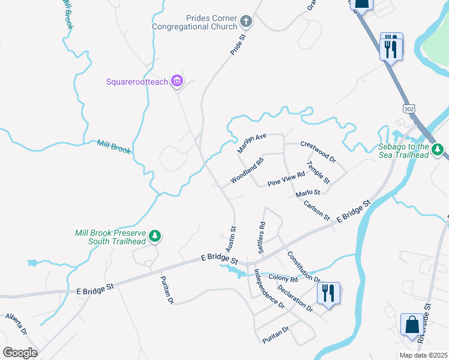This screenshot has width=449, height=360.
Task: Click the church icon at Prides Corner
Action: click(x=246, y=22)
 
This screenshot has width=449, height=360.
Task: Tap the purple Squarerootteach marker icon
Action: click(x=176, y=81)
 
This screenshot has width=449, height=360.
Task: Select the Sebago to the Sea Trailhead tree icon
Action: click(x=438, y=149)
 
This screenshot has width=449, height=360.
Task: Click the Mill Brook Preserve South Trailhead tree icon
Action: click(x=155, y=236)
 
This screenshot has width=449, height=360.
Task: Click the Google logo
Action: click(x=20, y=353)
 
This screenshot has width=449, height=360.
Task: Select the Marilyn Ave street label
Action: click(x=252, y=143)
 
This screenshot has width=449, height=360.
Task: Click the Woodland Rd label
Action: click(x=247, y=171)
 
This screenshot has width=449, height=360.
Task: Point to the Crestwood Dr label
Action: click(x=318, y=149)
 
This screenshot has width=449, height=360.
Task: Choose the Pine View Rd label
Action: click(x=286, y=178)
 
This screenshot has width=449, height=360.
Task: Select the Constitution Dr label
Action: click(x=303, y=266)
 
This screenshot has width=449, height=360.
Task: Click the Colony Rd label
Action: click(x=283, y=278)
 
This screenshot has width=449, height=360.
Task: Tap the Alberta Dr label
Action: click(x=16, y=324)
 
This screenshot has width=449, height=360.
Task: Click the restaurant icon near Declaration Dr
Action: click(x=328, y=293)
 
